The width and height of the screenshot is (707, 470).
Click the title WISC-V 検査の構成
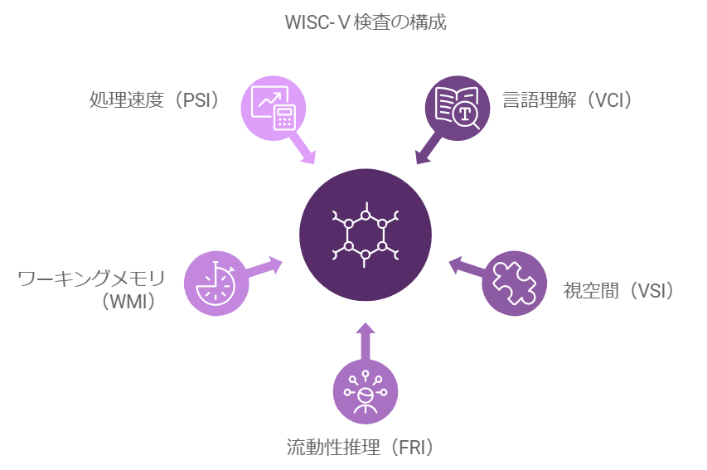click(365, 22)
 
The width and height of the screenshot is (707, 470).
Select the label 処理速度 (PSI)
click(154, 100)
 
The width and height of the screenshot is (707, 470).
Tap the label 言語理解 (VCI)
click(568, 100)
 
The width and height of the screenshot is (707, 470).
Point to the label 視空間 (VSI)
click(618, 290)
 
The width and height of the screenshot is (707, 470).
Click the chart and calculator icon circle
click(273, 108)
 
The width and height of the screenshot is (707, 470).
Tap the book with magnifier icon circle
click(457, 108)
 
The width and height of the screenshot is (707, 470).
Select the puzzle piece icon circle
click(514, 283)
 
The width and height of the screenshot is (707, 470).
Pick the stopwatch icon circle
click(215, 283)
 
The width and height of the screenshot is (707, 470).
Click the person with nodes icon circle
click(365, 392)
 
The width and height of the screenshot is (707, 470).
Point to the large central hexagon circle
click(365, 234)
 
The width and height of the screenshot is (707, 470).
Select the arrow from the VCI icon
click(427, 148)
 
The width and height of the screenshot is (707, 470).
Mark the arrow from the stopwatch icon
click(267, 267)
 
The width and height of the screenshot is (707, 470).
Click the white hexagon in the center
click(365, 234)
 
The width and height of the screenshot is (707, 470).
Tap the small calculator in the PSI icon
click(285, 119)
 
